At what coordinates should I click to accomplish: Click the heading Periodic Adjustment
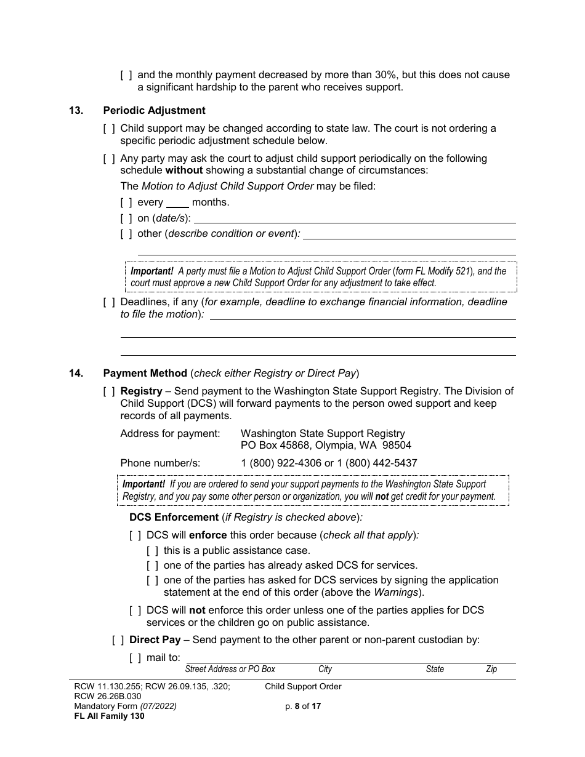[x=154, y=111]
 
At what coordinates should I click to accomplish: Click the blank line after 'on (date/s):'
[x=355, y=219]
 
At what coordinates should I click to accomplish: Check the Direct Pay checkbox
[x=118, y=640]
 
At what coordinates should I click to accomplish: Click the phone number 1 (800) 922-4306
[x=281, y=463]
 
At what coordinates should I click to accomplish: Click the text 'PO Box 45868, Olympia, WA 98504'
[x=326, y=445]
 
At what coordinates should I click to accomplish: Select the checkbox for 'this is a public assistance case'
[x=152, y=551]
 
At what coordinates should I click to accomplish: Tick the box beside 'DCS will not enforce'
[x=135, y=611]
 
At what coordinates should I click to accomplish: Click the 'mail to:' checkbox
[x=135, y=658]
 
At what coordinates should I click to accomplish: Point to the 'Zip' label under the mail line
[x=491, y=669]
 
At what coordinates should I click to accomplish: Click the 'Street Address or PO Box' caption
[x=230, y=669]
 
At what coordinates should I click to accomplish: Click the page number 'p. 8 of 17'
[x=302, y=707]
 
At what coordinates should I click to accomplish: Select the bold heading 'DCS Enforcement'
[x=174, y=518]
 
